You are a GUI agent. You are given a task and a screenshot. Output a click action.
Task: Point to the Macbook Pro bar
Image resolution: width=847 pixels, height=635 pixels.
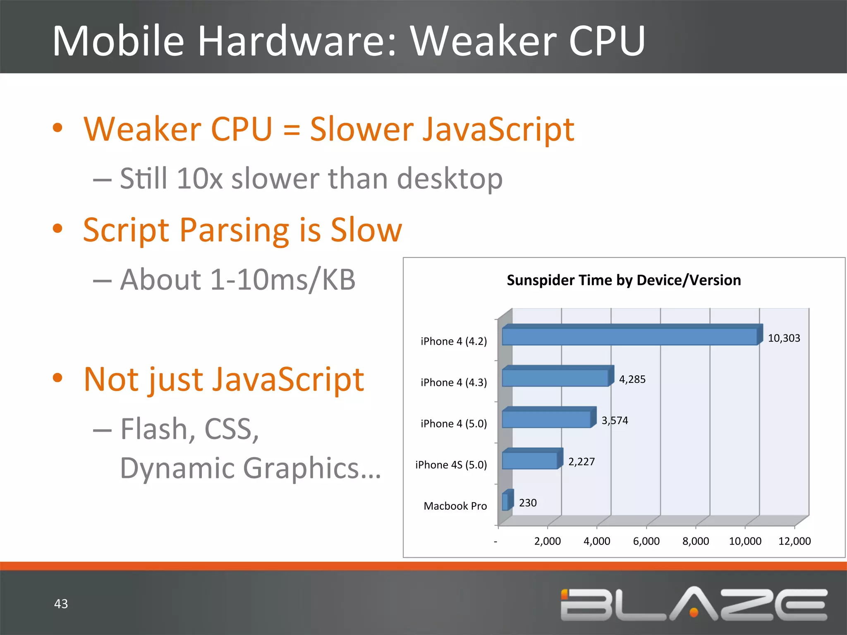point(506,501)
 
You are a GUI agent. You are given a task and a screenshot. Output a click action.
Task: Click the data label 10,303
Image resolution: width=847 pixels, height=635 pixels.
point(784,338)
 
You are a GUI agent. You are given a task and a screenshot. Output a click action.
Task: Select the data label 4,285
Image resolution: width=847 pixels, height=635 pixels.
point(632,380)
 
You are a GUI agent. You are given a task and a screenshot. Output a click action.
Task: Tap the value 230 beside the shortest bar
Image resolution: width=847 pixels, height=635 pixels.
point(528,503)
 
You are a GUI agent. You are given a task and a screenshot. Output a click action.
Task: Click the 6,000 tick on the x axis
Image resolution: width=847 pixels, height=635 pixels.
point(646,541)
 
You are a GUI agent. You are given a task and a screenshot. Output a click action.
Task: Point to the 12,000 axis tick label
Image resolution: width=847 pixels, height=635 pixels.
point(794,541)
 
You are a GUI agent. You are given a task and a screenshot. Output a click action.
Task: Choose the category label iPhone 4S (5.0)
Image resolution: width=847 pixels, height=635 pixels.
point(451,465)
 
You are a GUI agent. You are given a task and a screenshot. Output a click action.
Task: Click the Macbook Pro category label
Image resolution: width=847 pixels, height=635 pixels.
point(455,506)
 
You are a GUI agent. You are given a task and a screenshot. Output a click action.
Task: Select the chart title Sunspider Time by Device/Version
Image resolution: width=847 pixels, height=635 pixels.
point(624,280)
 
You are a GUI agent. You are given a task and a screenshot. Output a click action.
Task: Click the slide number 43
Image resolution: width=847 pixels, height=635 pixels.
point(61,604)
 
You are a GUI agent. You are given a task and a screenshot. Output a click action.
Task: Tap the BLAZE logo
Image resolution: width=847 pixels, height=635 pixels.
point(694,604)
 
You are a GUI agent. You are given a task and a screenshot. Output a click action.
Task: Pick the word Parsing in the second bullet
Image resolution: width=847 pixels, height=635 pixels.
point(234,231)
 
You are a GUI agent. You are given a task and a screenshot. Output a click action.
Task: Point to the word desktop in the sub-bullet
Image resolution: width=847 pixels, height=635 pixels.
point(450,179)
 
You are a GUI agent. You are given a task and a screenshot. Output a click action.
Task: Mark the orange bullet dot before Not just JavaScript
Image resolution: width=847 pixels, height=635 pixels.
point(58,377)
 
